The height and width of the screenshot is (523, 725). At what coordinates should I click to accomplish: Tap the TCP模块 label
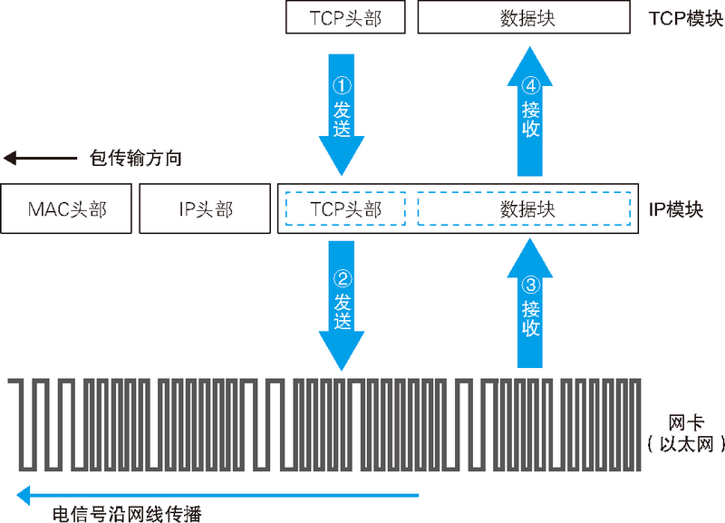[685, 18]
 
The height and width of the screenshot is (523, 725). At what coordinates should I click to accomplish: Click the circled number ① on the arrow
[342, 86]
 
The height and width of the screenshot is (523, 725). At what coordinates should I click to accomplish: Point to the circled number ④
[531, 86]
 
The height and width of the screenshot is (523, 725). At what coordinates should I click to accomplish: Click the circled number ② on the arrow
[342, 276]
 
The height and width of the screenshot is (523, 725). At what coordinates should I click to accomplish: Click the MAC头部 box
[67, 209]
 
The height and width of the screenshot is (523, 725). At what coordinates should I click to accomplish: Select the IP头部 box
[206, 209]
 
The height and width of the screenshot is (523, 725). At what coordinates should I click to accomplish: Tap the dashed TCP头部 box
[344, 209]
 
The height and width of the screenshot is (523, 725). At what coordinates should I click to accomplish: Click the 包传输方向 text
[136, 159]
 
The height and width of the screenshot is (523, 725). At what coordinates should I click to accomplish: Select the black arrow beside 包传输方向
[41, 159]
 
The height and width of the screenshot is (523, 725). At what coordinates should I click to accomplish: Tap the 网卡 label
[681, 421]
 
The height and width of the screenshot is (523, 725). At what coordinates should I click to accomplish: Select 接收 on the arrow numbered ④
[531, 120]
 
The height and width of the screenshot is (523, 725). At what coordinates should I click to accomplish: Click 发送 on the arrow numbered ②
[342, 310]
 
